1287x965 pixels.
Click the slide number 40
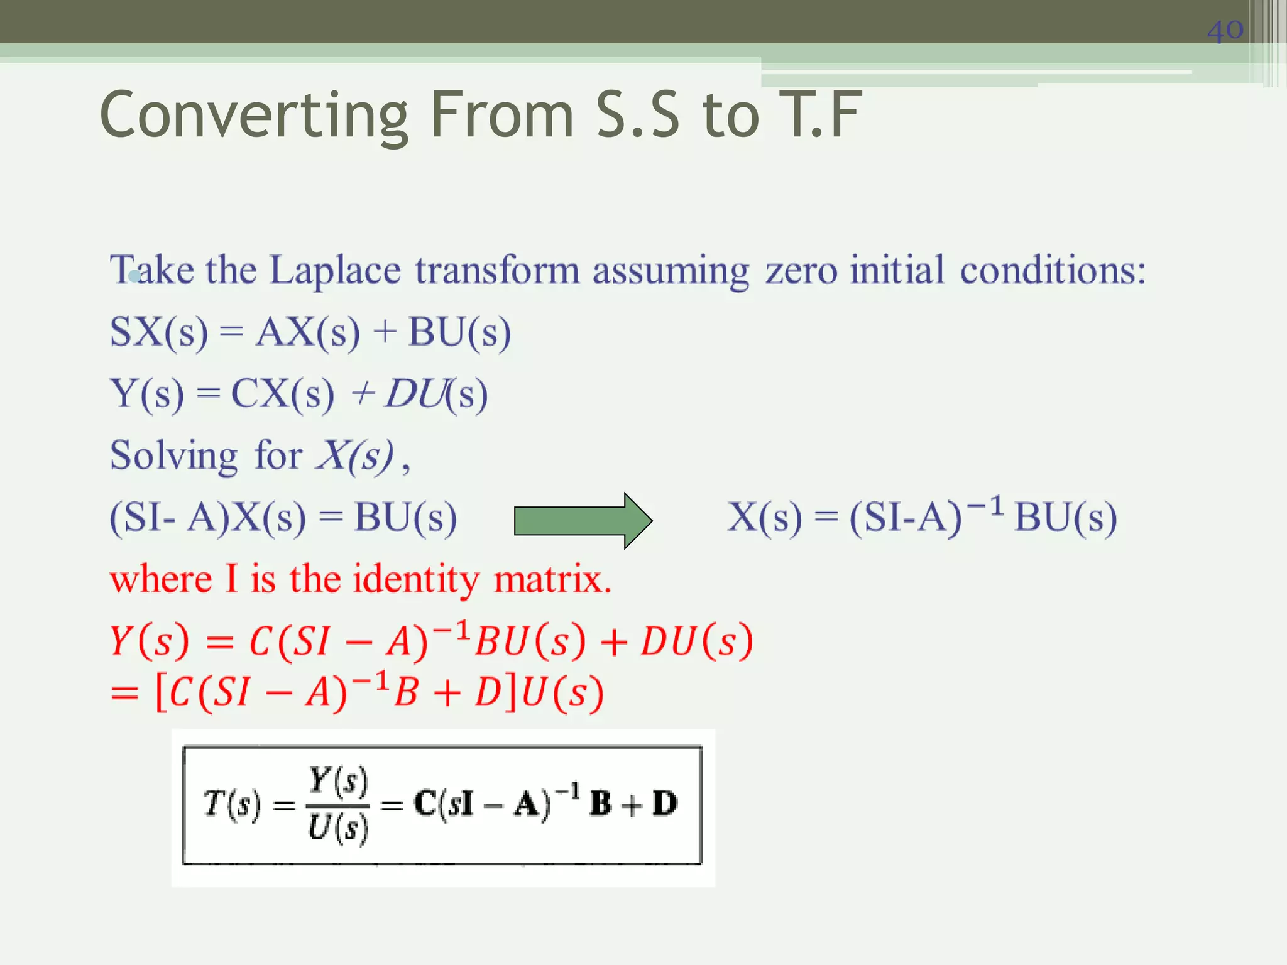coord(1225,30)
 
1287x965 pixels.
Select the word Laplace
coord(335,271)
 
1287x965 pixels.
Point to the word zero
coord(801,271)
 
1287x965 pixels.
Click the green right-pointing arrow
coord(583,521)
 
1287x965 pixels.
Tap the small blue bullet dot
coord(134,276)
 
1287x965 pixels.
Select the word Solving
coord(173,455)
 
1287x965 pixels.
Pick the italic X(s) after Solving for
coord(356,455)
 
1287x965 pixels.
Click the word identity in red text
coord(416,579)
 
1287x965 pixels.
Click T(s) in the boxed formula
coord(232,805)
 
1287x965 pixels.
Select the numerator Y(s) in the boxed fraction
coord(337,781)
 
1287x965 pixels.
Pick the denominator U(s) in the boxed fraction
coord(337,828)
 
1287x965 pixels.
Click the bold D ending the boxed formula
coord(664,804)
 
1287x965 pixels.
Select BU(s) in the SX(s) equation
coord(459,332)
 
